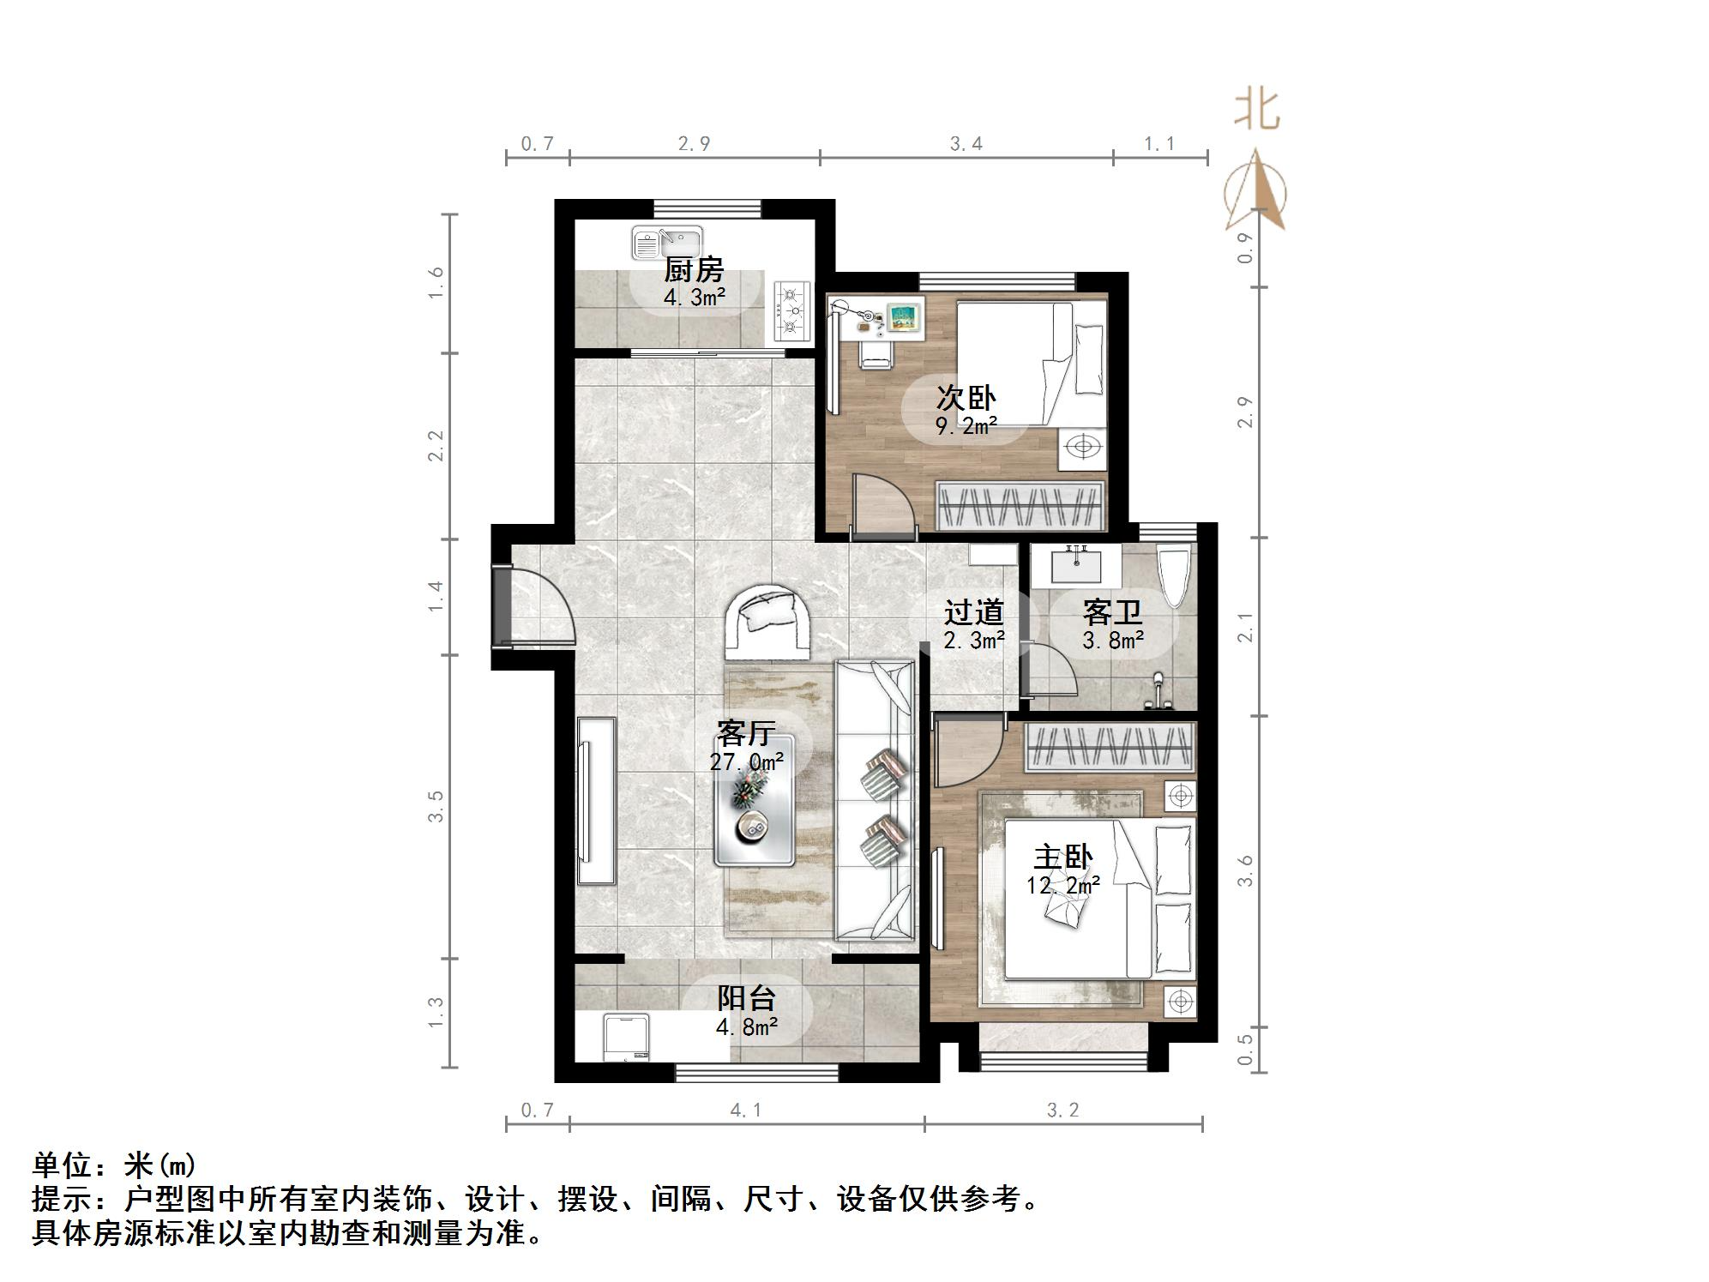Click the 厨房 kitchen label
(x=694, y=270)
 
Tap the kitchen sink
(x=666, y=243)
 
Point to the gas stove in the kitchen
(x=792, y=310)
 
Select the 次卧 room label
(x=966, y=397)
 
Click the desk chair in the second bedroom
(x=876, y=350)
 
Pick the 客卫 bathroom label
(x=1112, y=612)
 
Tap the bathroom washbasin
(x=1076, y=565)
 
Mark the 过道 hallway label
(x=973, y=612)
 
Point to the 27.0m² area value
(x=746, y=761)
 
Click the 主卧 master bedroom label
(x=1062, y=858)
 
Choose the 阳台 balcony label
(x=746, y=998)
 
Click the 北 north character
(x=1257, y=111)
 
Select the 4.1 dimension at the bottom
(x=746, y=1110)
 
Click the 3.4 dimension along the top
(x=966, y=144)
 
